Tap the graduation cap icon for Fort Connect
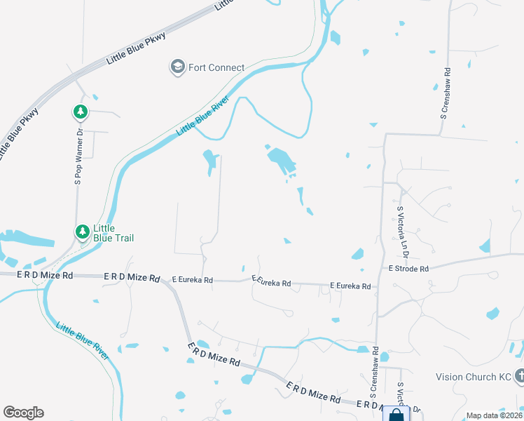point(177,67)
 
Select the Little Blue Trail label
point(113,233)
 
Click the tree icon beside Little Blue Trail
point(83,231)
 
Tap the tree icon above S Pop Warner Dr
point(81,112)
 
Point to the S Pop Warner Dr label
point(79,156)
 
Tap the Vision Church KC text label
point(474,377)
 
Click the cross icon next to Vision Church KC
point(519,376)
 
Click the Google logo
point(23,413)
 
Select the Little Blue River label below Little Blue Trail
point(83,341)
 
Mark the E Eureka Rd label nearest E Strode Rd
point(350,286)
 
